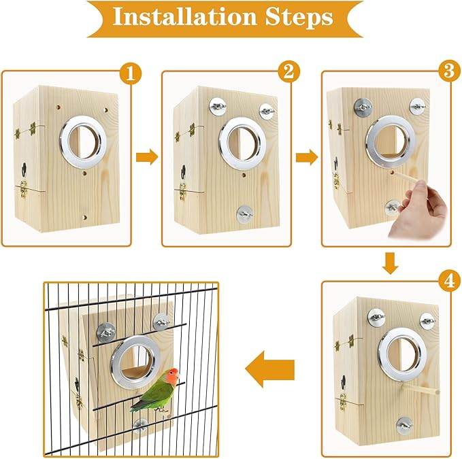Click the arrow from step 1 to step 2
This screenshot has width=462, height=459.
pyautogui.click(x=146, y=157)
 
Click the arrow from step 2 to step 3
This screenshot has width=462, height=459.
pyautogui.click(x=306, y=157)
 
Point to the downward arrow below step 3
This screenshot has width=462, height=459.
pyautogui.click(x=389, y=262)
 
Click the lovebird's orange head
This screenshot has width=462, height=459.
pyautogui.click(x=173, y=375)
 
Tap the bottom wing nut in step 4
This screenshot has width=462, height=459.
pyautogui.click(x=401, y=424)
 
